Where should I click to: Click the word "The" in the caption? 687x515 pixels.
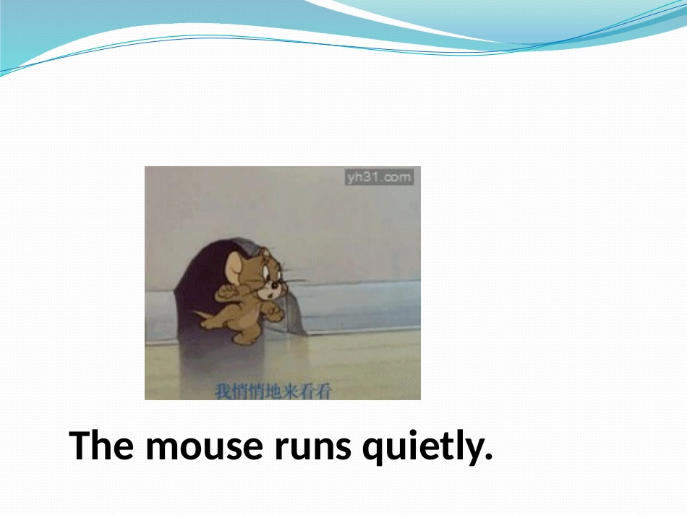coord(101,445)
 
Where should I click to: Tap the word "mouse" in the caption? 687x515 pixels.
coord(204,448)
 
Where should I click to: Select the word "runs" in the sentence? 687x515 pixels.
coord(313,448)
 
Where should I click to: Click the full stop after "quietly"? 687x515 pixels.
coord(489,456)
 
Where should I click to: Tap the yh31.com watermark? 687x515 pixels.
coord(379,177)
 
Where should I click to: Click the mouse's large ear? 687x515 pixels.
coord(235,268)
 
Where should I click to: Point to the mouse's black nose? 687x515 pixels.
coord(274,286)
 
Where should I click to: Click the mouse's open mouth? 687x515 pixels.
coord(270,296)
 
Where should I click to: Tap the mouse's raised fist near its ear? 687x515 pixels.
coord(224,292)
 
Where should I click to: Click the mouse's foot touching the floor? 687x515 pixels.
coord(243,339)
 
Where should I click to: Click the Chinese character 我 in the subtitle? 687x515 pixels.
coord(223,391)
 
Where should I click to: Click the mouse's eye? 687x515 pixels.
coord(265,272)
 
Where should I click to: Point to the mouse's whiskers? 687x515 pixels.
coord(294,280)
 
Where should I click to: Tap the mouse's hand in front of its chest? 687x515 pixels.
coord(275,314)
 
